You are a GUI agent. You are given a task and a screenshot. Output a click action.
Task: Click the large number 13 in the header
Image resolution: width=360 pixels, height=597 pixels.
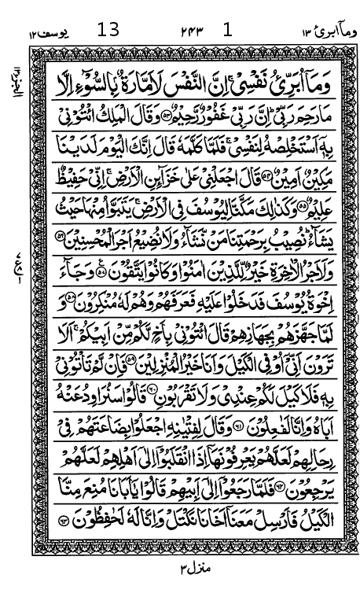108,31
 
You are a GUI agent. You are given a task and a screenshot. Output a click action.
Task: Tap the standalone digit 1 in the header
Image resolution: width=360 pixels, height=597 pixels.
229,31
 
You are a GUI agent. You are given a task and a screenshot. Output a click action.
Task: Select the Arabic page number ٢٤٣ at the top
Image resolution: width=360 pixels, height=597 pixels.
190,31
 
